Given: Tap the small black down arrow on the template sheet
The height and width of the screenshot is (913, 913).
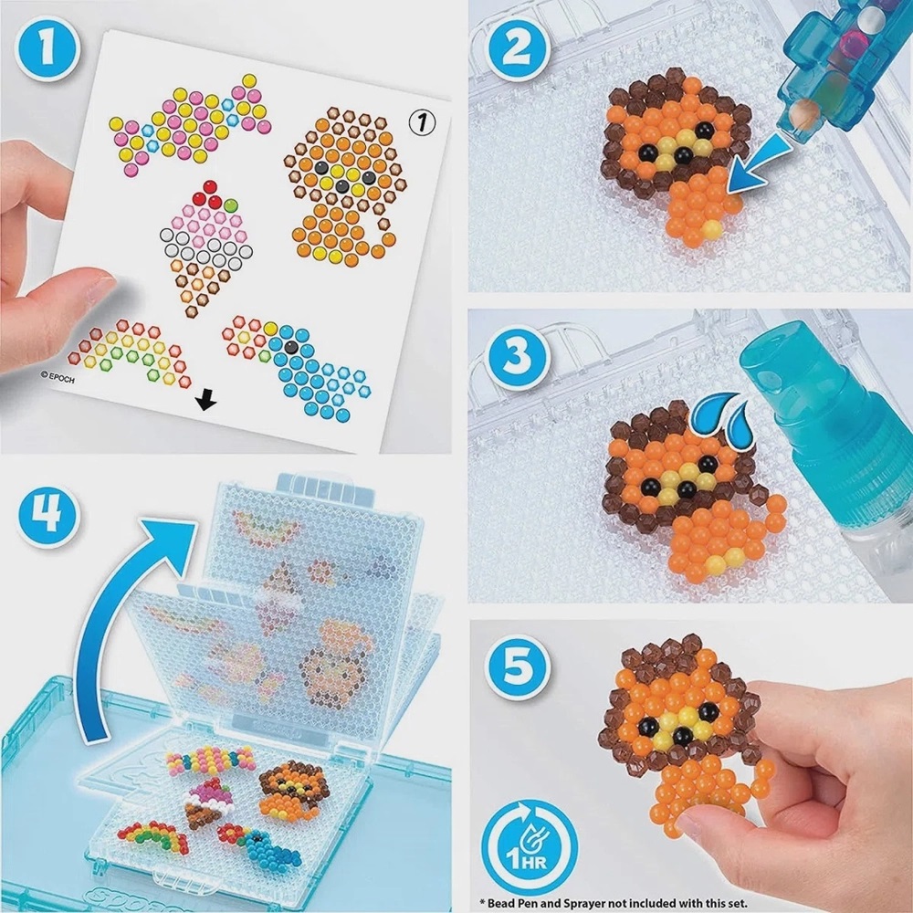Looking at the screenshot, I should click(208, 399).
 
